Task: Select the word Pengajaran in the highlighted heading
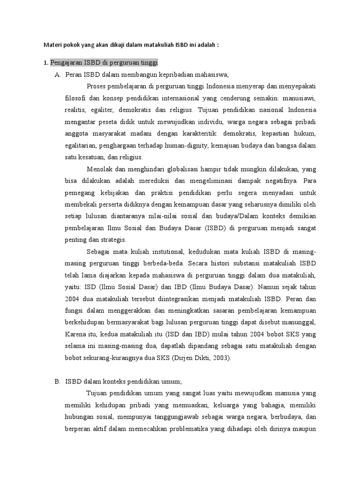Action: point(66,62)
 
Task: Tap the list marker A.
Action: point(57,75)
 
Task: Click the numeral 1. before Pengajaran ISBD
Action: point(45,62)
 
